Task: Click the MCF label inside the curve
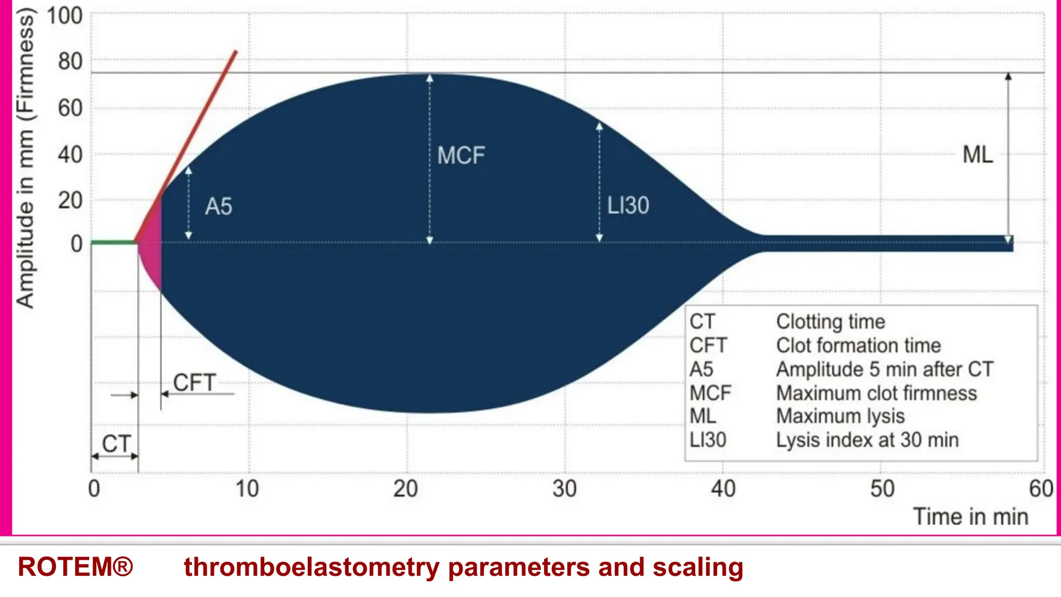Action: [x=461, y=155]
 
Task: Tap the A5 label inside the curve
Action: [x=218, y=207]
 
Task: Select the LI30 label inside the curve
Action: [x=627, y=206]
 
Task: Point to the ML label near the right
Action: [x=977, y=155]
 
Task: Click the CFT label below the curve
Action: [x=194, y=383]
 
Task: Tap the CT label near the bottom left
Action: [x=116, y=444]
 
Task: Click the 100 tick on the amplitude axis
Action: [x=65, y=16]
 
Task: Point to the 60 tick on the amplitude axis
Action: [x=70, y=108]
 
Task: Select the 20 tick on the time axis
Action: [x=405, y=489]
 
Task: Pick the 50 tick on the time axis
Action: [x=882, y=489]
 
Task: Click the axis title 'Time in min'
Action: [x=970, y=517]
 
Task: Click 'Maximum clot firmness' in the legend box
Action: [x=876, y=393]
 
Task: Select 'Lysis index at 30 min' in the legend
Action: [x=867, y=440]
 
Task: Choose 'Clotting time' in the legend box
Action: [x=830, y=322]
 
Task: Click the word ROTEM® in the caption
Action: [x=76, y=566]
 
